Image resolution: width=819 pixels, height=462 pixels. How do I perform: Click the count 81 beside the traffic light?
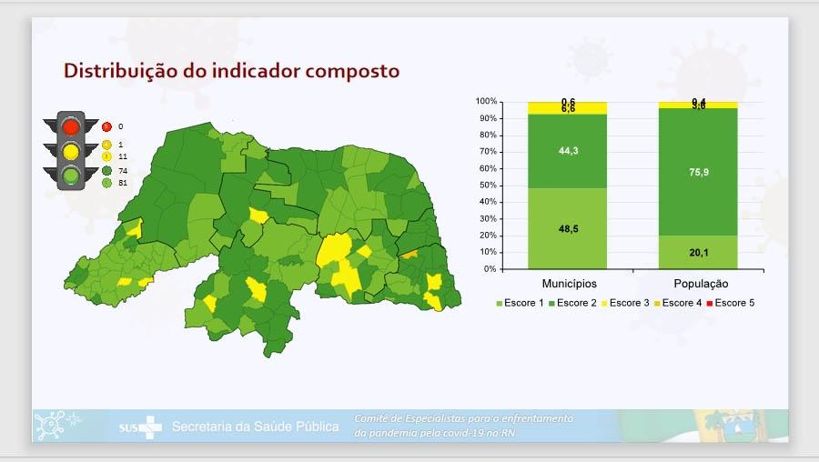123,183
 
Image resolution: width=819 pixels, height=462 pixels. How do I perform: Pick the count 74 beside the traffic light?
123,170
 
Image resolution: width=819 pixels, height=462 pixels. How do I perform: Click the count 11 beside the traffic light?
123,156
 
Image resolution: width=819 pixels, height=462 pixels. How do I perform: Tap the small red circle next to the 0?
106,126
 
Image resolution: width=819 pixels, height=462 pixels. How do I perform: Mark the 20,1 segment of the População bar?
698,252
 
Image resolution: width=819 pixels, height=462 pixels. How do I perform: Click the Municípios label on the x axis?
569,284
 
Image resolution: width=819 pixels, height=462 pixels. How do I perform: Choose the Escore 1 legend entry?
522,302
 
